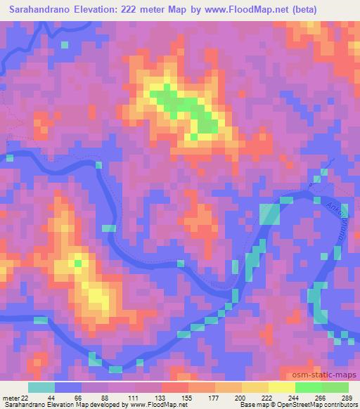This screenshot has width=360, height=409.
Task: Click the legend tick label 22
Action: [25, 398]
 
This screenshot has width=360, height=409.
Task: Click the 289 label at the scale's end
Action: [347, 398]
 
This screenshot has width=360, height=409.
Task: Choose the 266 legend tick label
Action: [321, 398]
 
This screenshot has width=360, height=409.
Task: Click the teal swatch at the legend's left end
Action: [41, 387]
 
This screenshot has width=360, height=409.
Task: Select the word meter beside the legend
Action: [10, 398]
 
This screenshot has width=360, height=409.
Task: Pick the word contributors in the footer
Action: [340, 405]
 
